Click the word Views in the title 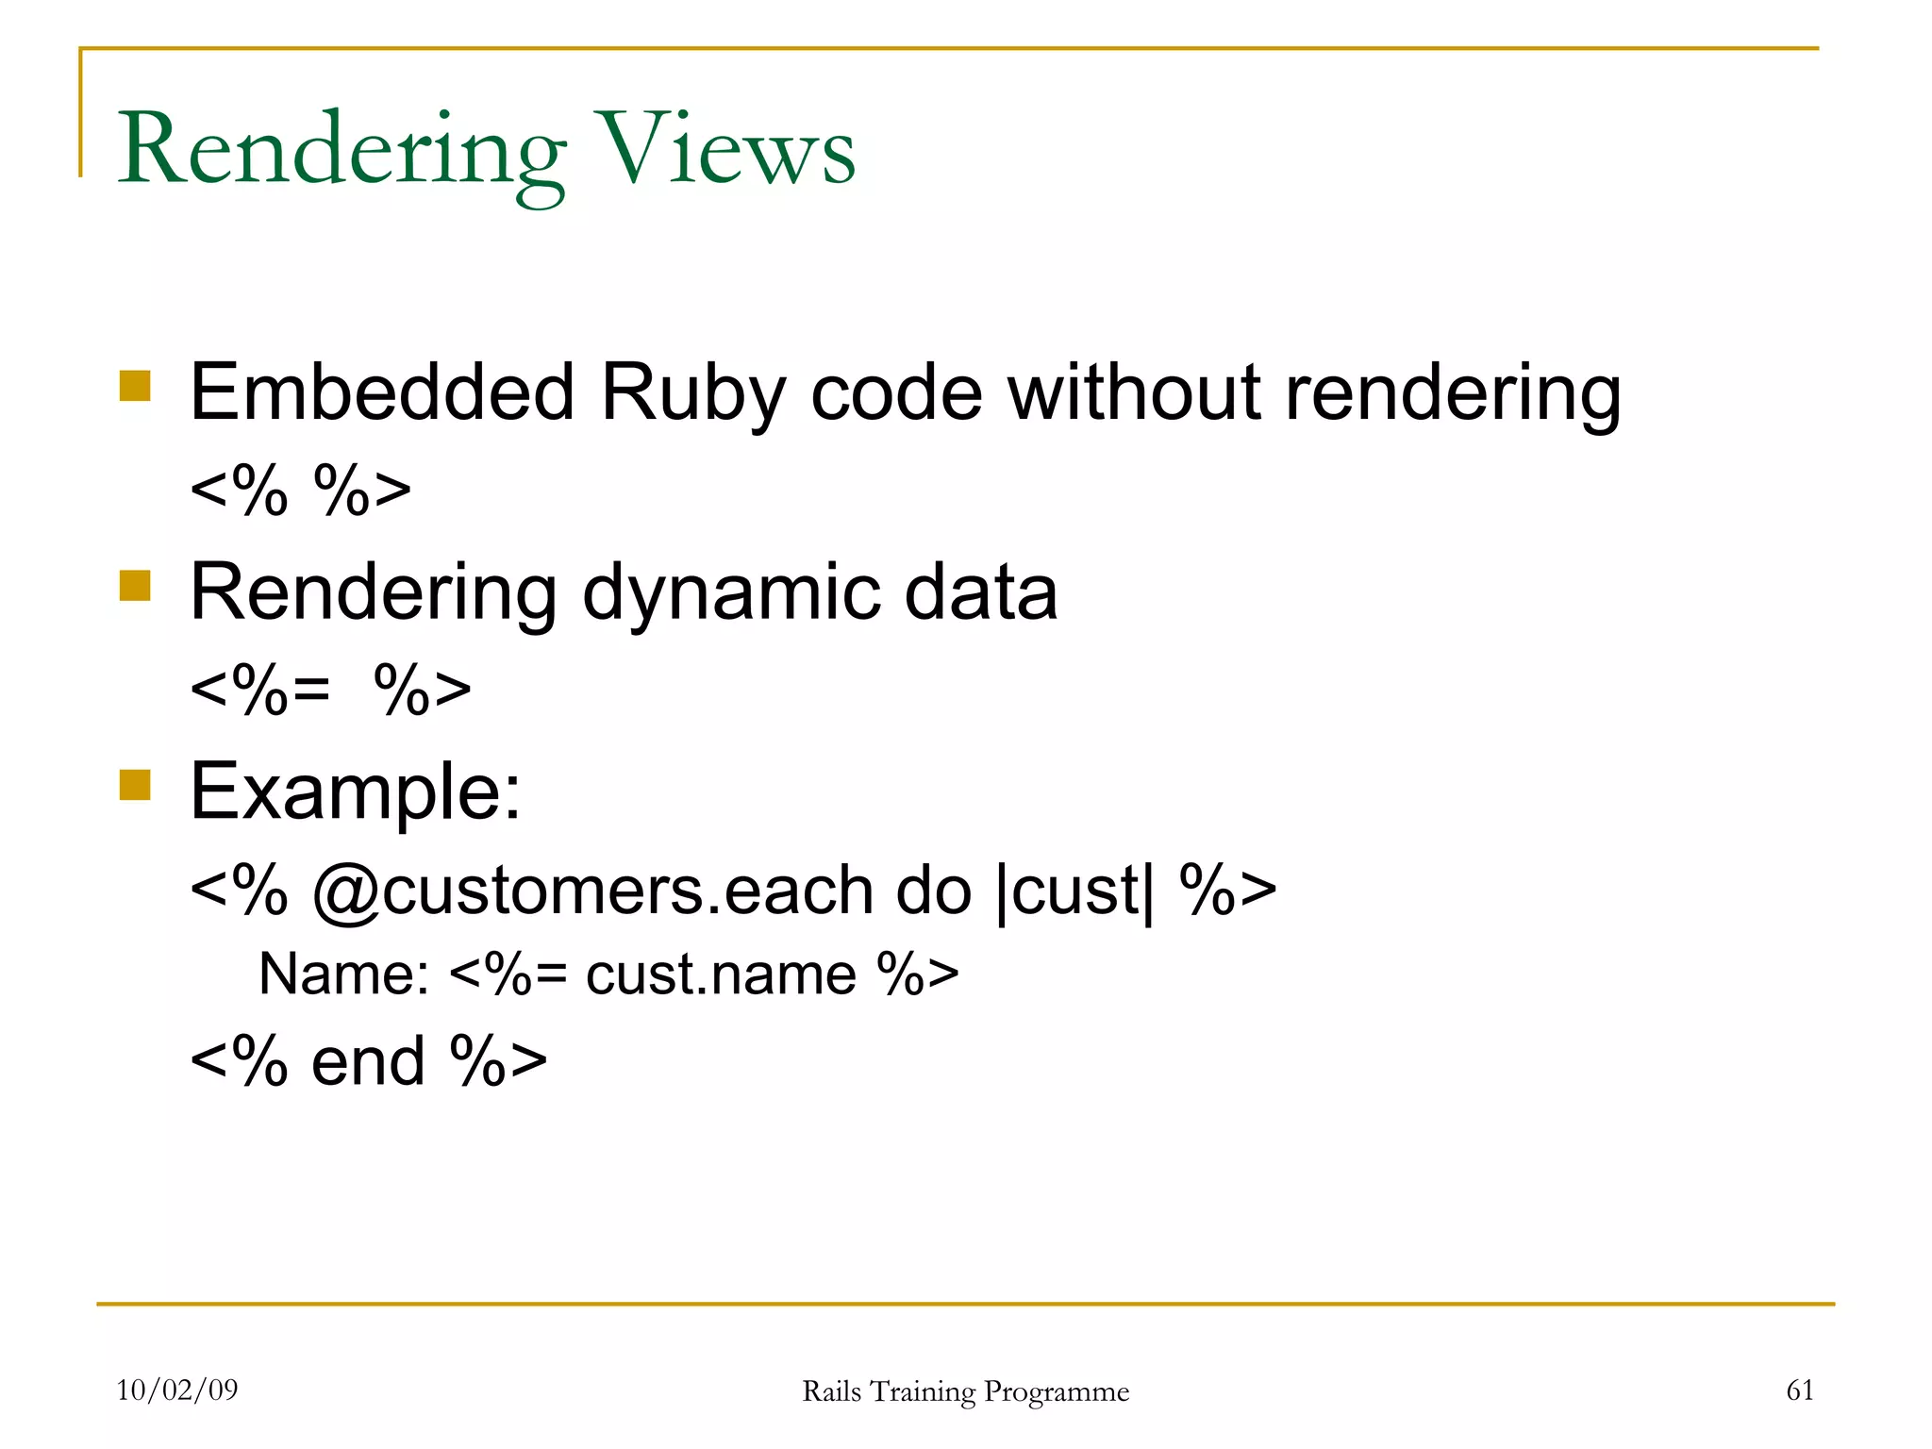tap(727, 151)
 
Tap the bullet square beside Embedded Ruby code tap(136, 386)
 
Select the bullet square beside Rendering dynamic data tap(136, 586)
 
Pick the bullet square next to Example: tap(136, 785)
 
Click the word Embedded tap(382, 392)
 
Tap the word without tap(1134, 392)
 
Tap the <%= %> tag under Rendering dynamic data tap(330, 690)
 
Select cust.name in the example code tap(721, 974)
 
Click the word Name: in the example tap(344, 974)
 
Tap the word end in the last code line tap(368, 1062)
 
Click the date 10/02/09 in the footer tap(177, 1390)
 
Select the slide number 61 tap(1800, 1390)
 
